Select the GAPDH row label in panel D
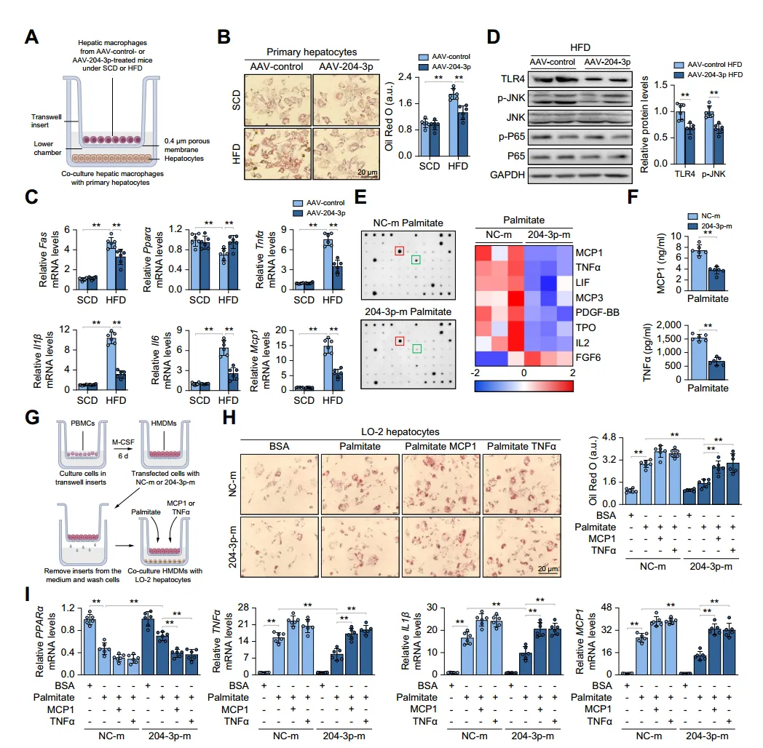tap(507, 175)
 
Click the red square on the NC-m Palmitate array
tap(400, 251)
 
